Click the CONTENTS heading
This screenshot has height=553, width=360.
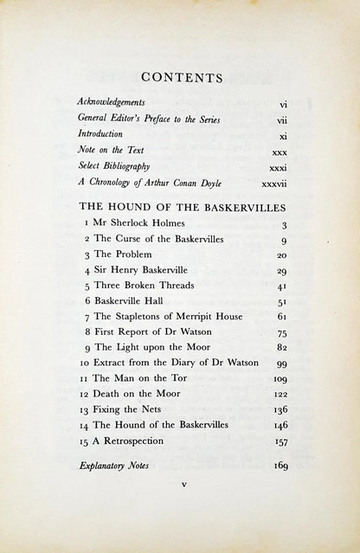181,78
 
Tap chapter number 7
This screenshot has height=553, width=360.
87,316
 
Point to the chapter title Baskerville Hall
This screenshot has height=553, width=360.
131,300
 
